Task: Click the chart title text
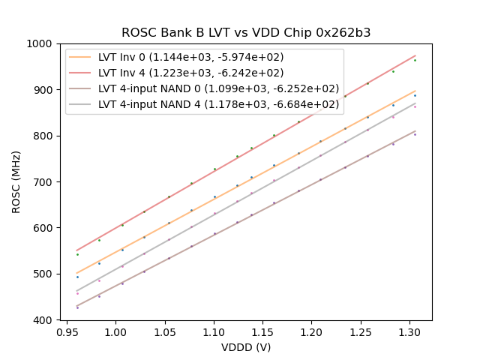tap(246, 33)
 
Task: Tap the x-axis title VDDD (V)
tap(246, 347)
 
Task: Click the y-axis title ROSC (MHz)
tap(16, 182)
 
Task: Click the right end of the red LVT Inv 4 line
tap(415, 55)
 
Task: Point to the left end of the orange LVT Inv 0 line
tap(76, 273)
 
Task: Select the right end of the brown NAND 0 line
tap(415, 131)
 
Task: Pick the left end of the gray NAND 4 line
tap(76, 291)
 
